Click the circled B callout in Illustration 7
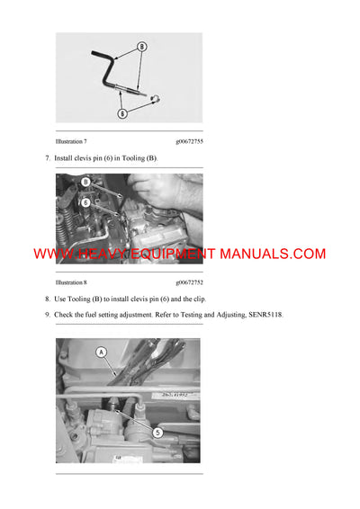(x=141, y=46)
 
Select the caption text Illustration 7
(x=75, y=142)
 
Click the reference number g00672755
(x=195, y=142)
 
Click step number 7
(x=47, y=158)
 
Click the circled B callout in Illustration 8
(x=85, y=182)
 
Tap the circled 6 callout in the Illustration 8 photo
(x=85, y=202)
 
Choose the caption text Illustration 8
(x=75, y=281)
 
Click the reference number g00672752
(x=195, y=281)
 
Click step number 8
(x=47, y=298)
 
